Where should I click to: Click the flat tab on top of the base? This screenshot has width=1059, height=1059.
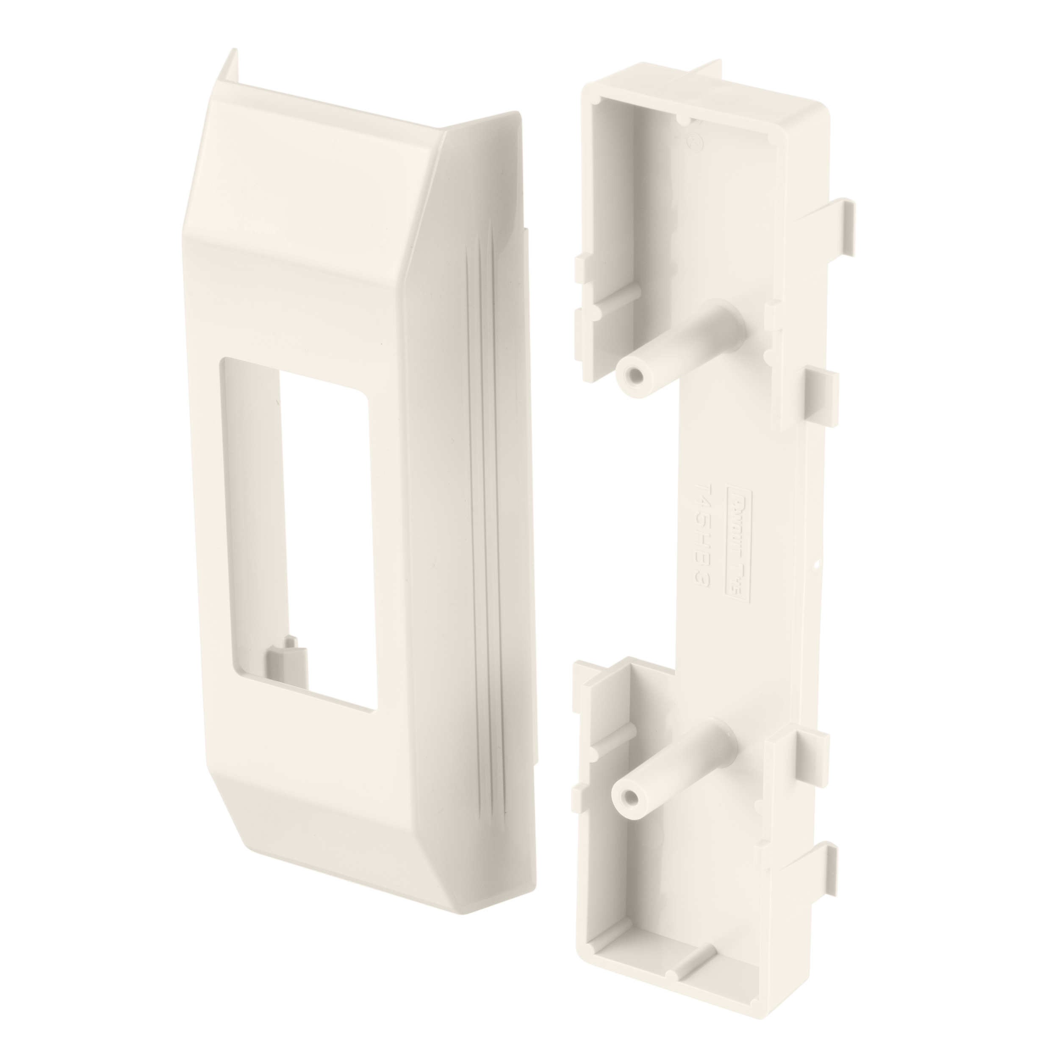point(707,80)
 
